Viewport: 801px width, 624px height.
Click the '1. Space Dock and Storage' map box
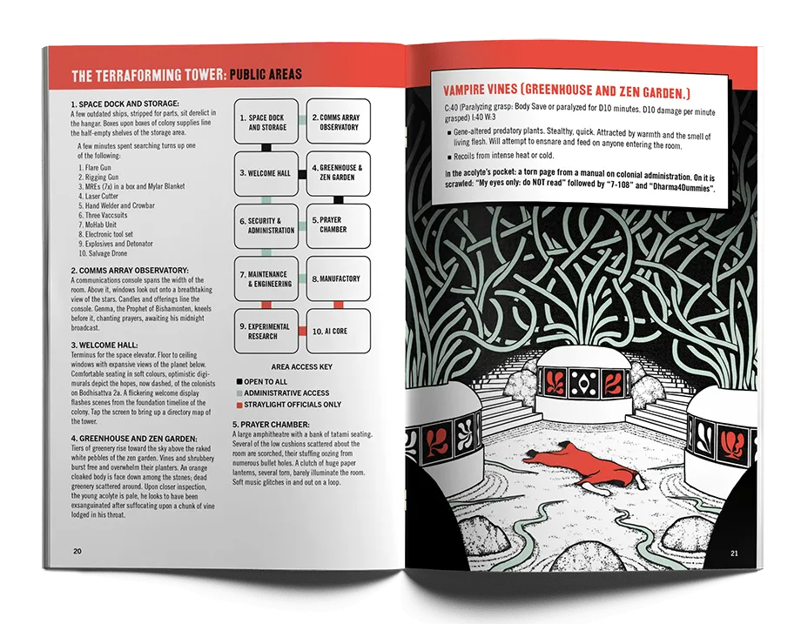point(266,122)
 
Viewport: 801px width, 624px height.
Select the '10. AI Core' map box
point(338,331)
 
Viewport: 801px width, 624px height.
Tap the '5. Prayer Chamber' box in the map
point(338,225)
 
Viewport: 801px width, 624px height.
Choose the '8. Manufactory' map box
point(338,278)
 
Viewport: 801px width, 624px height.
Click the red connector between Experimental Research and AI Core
point(302,332)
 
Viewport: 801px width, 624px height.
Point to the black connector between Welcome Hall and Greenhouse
point(302,174)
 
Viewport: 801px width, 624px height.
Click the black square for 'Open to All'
point(239,381)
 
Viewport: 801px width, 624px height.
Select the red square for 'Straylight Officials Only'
point(239,405)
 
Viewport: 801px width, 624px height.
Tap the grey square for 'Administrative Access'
point(239,393)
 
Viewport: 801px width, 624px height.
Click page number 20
point(77,551)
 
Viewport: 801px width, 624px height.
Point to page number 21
point(734,553)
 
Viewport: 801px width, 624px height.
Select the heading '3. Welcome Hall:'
point(104,346)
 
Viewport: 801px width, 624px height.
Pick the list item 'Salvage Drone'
point(103,253)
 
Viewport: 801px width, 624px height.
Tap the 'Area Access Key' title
point(302,366)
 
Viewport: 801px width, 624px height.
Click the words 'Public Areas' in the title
point(266,75)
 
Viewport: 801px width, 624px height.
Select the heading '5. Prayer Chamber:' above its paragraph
point(271,425)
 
